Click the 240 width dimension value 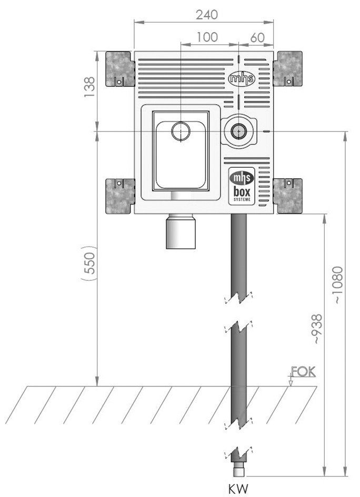tap(207, 15)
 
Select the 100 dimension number tap(207, 37)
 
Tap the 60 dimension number tap(257, 37)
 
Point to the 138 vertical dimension tap(89, 87)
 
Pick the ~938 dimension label tap(317, 329)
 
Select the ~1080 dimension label tap(338, 285)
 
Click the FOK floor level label tap(303, 371)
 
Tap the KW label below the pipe tap(238, 489)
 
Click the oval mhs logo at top tap(242, 78)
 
